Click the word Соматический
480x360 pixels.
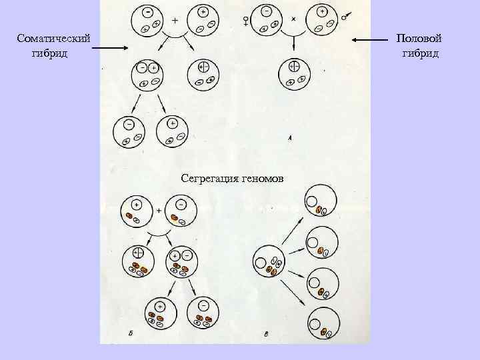[54, 40]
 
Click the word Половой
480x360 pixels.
[419, 40]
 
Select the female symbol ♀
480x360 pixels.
[247, 21]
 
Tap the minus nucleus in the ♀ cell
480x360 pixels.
[267, 12]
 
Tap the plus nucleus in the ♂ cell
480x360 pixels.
[323, 11]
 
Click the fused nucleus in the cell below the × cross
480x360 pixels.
[294, 66]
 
